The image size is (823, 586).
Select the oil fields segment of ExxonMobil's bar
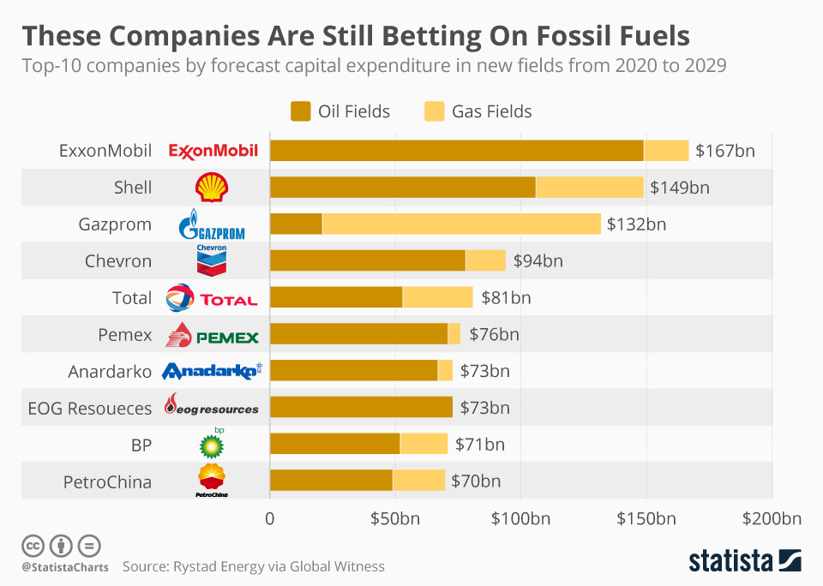[x=456, y=151]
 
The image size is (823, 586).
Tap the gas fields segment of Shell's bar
[x=590, y=188]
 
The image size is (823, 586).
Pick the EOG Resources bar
[x=361, y=408]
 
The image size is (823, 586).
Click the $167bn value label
[x=724, y=151]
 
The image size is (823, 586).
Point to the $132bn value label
[x=636, y=224]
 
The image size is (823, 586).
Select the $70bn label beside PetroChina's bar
[x=475, y=481]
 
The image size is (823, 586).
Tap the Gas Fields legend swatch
[x=434, y=111]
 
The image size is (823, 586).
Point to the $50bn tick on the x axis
[x=395, y=518]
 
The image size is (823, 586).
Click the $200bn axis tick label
[x=772, y=518]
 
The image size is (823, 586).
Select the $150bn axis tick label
[x=646, y=518]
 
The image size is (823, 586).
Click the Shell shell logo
[x=212, y=188]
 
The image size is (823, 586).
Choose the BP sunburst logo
[x=212, y=445]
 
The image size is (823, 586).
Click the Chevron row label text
[x=118, y=261]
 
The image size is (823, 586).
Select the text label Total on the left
[x=132, y=298]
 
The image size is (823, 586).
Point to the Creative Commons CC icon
[x=33, y=545]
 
